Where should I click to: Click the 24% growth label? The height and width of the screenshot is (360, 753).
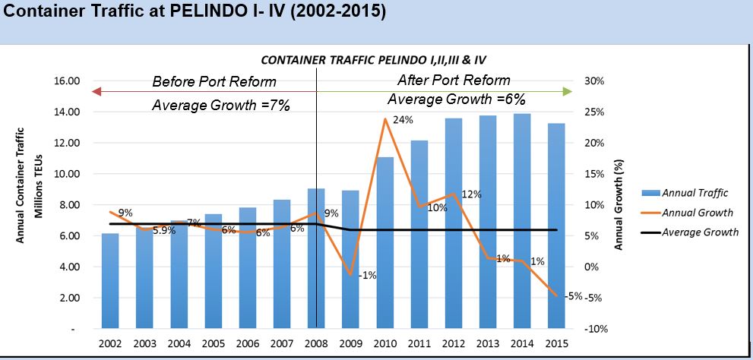403,119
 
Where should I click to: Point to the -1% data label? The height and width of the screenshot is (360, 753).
367,275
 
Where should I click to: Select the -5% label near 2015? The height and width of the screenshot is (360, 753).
574,295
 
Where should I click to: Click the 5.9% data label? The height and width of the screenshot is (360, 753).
163,230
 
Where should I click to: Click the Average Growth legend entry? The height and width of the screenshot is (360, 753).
700,232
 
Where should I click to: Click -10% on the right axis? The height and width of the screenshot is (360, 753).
593,329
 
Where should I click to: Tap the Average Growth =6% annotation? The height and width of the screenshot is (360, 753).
457,99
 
